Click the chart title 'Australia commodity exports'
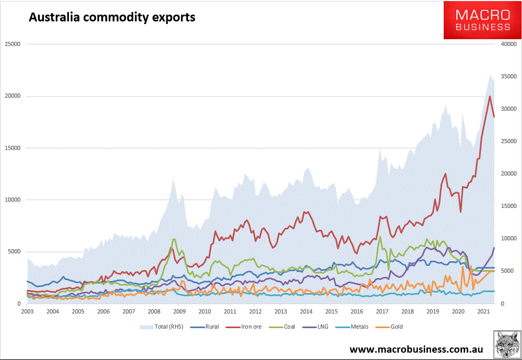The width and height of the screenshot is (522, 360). point(112,17)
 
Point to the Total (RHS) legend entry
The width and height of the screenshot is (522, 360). point(161,327)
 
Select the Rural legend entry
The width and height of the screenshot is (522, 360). point(206,327)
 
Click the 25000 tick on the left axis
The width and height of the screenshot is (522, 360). point(11,44)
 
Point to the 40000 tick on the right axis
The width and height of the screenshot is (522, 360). point(509,44)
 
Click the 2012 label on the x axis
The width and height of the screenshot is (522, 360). point(255,311)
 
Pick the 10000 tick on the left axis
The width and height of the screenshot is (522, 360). point(11,200)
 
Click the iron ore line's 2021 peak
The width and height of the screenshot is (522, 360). point(490,96)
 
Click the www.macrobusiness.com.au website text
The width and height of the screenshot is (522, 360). point(416,349)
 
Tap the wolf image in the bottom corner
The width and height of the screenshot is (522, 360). point(506,345)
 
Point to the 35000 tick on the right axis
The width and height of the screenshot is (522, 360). point(509,77)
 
